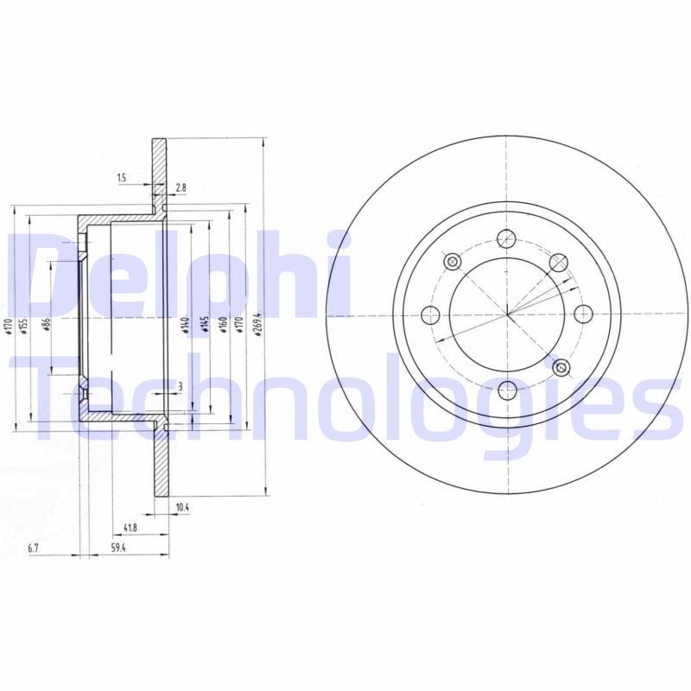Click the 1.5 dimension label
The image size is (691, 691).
point(122,178)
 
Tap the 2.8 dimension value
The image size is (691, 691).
point(180,187)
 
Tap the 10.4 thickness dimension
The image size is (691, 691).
point(181,508)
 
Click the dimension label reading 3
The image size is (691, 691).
point(179,385)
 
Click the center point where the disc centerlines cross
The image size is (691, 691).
point(508,313)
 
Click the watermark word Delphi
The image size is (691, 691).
point(177,275)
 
